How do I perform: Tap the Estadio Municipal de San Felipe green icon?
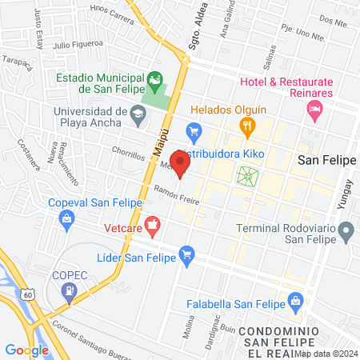154,78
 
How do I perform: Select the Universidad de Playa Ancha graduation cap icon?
138,113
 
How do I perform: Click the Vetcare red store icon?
153,224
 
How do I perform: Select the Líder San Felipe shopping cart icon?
187,255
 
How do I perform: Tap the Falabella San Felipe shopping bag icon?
296,302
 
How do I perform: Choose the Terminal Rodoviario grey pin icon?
346,233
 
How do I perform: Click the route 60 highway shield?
29,294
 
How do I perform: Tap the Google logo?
26,350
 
